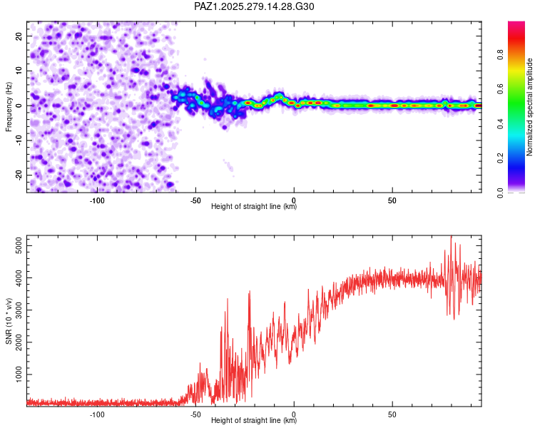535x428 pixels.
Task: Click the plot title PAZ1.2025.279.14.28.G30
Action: point(254,6)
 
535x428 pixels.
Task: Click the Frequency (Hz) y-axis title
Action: point(9,105)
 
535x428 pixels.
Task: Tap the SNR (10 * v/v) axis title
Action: point(9,320)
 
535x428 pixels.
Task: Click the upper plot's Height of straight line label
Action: point(254,206)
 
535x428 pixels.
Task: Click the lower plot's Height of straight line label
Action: point(254,421)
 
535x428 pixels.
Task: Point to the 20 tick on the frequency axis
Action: point(19,36)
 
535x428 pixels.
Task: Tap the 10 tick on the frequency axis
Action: point(19,71)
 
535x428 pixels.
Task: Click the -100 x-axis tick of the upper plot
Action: point(97,200)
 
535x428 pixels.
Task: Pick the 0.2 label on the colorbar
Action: point(501,158)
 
